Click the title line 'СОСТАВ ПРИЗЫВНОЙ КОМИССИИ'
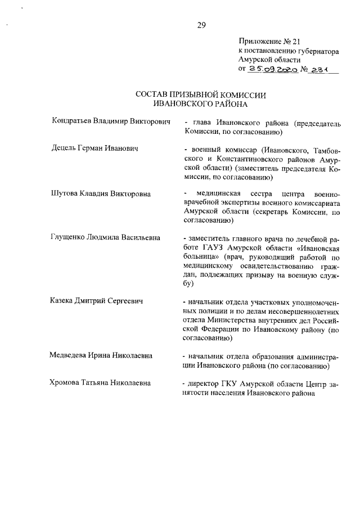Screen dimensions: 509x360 (201, 95)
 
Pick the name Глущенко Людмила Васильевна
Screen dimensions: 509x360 (105, 238)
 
